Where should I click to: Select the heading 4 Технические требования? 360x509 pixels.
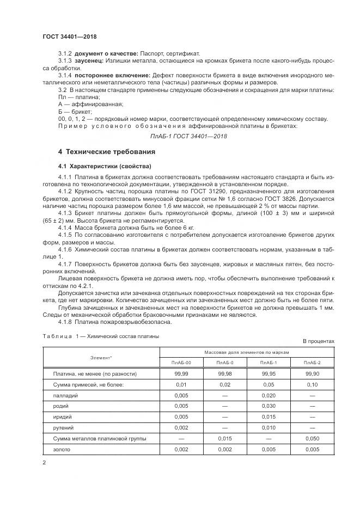pyautogui.click(x=107, y=151)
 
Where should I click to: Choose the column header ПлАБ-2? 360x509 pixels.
pyautogui.click(x=313, y=363)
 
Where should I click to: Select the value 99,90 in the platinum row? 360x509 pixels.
pyautogui.click(x=313, y=374)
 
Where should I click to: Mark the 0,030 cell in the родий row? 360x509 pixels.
pyautogui.click(x=269, y=406)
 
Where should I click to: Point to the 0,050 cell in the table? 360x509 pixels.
pyautogui.click(x=313, y=438)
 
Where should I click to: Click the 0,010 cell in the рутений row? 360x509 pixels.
pyautogui.click(x=269, y=428)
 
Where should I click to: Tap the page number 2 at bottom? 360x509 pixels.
pyautogui.click(x=44, y=463)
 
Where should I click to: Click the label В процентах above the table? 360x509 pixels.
pyautogui.click(x=319, y=341)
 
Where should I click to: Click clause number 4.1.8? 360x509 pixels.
pyautogui.click(x=66, y=322)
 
